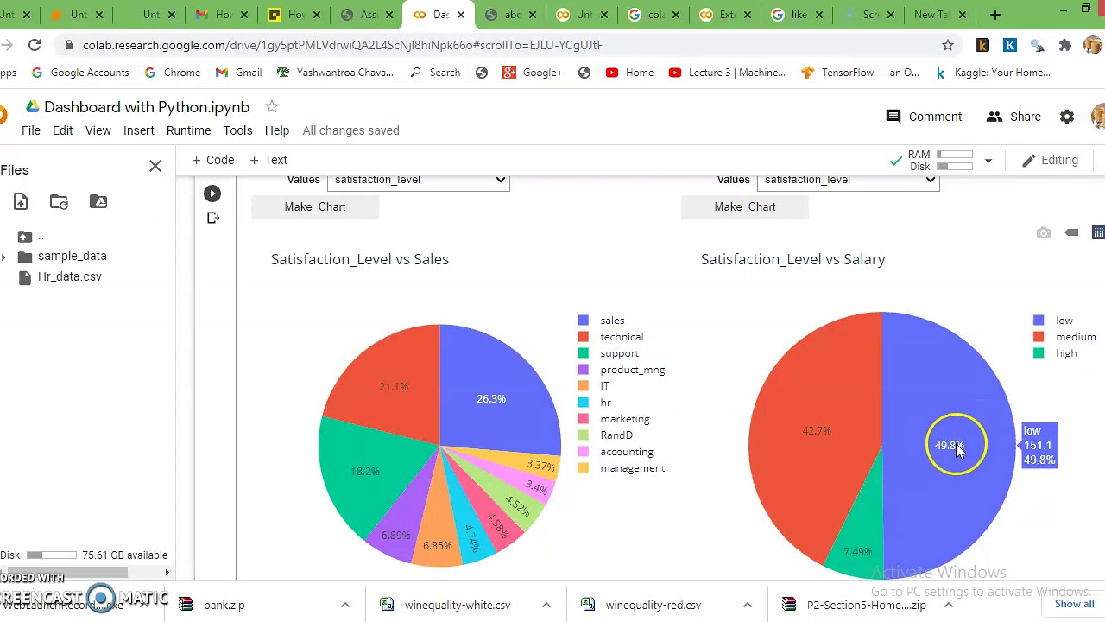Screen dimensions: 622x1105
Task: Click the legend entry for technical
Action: [x=621, y=337]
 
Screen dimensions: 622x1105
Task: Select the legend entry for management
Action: [x=632, y=468]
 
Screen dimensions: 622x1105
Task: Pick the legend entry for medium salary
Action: [x=1075, y=337]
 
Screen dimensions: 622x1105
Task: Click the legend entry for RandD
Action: [x=616, y=435]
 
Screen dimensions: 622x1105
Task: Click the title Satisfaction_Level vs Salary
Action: [x=792, y=259]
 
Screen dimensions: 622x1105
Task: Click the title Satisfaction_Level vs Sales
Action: [x=359, y=259]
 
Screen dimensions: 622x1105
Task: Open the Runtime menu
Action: [x=188, y=130]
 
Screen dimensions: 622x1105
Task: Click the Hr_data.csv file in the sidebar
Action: [x=69, y=276]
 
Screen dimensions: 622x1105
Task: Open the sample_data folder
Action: [x=72, y=256]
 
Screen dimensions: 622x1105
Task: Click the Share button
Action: [x=1014, y=117]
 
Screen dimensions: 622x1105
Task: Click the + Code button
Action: [x=212, y=160]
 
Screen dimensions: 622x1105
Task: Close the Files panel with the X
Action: [x=155, y=166]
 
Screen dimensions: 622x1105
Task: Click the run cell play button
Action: [x=212, y=194]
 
